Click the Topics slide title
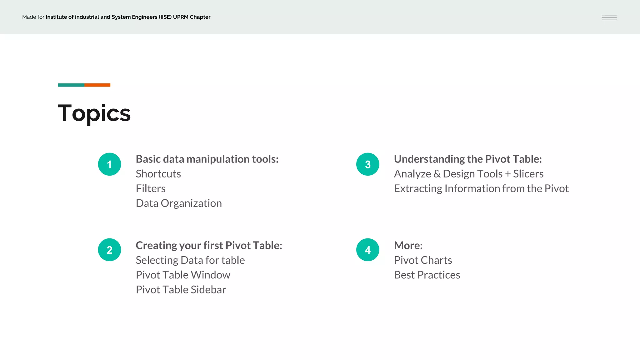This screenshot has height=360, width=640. (x=94, y=113)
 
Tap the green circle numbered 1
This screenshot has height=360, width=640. (x=109, y=164)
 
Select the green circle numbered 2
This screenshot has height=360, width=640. (x=109, y=250)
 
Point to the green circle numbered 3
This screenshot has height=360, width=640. (x=367, y=164)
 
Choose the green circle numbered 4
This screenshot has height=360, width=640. (x=367, y=250)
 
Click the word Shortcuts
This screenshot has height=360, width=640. (x=158, y=174)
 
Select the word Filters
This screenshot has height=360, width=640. (x=151, y=188)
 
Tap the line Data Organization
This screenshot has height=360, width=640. (x=179, y=203)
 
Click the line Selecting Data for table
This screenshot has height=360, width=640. (x=190, y=260)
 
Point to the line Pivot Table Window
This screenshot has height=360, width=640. (x=183, y=275)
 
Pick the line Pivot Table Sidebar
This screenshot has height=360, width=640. (x=181, y=289)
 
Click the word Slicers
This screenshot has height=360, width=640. (x=528, y=174)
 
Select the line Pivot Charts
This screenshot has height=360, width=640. (x=423, y=260)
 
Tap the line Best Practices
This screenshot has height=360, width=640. (x=427, y=275)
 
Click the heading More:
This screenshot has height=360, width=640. (x=408, y=245)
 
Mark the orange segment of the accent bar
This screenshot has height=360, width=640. (x=97, y=85)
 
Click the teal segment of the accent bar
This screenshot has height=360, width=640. (x=71, y=85)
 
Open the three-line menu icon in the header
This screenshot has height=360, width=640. (x=609, y=17)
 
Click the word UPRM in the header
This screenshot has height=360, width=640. (x=181, y=17)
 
